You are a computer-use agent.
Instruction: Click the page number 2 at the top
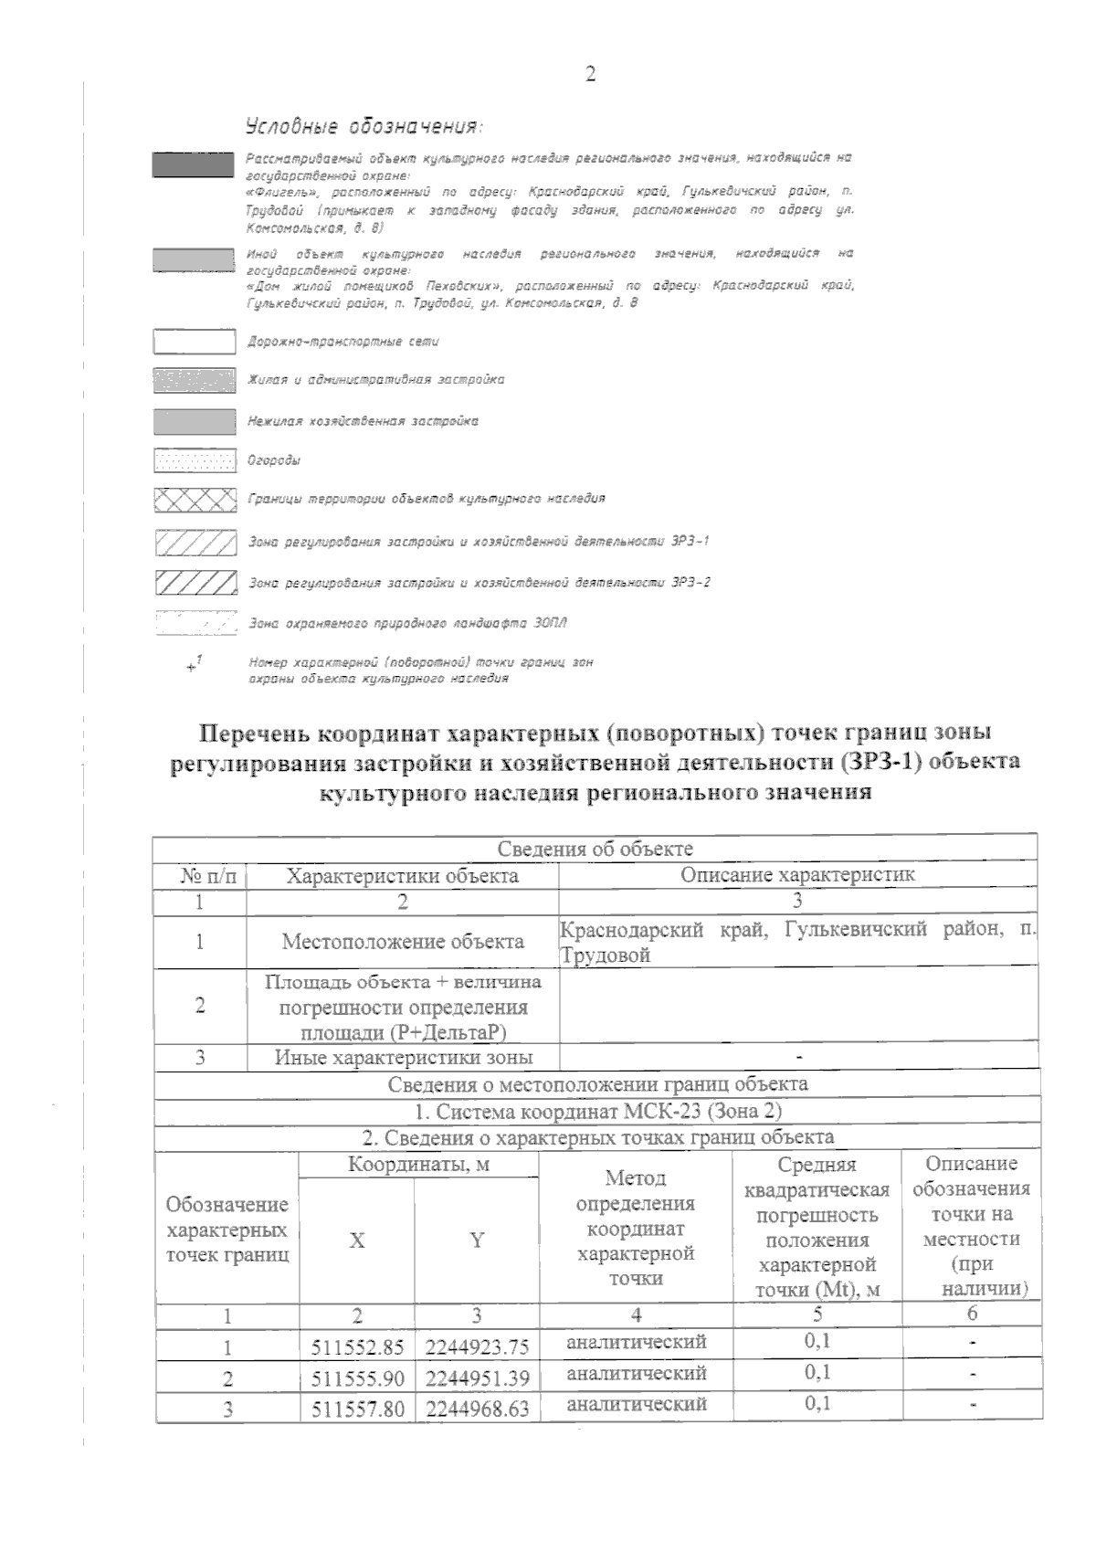click(x=590, y=75)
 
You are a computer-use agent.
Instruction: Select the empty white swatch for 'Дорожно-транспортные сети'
click(x=194, y=342)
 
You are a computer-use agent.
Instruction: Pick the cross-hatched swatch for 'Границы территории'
click(x=195, y=500)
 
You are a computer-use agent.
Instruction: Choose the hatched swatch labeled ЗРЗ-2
click(x=195, y=582)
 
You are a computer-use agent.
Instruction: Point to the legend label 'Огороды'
click(x=274, y=460)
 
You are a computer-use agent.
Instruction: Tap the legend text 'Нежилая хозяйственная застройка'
click(x=363, y=421)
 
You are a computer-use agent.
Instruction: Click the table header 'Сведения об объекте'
click(x=595, y=849)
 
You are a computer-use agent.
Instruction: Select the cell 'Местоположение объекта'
click(x=403, y=942)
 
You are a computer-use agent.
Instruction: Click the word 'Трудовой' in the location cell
click(x=605, y=956)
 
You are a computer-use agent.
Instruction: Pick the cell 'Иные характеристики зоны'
click(x=404, y=1058)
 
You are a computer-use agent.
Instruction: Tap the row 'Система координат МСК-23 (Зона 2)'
click(x=598, y=1112)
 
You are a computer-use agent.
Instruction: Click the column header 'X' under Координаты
click(x=357, y=1240)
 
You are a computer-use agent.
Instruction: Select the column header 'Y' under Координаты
click(x=477, y=1240)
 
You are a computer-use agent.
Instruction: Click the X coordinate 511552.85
click(x=357, y=1347)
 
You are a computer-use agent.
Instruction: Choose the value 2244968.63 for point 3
click(x=477, y=1409)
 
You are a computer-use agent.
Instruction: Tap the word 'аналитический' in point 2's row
click(x=637, y=1374)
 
